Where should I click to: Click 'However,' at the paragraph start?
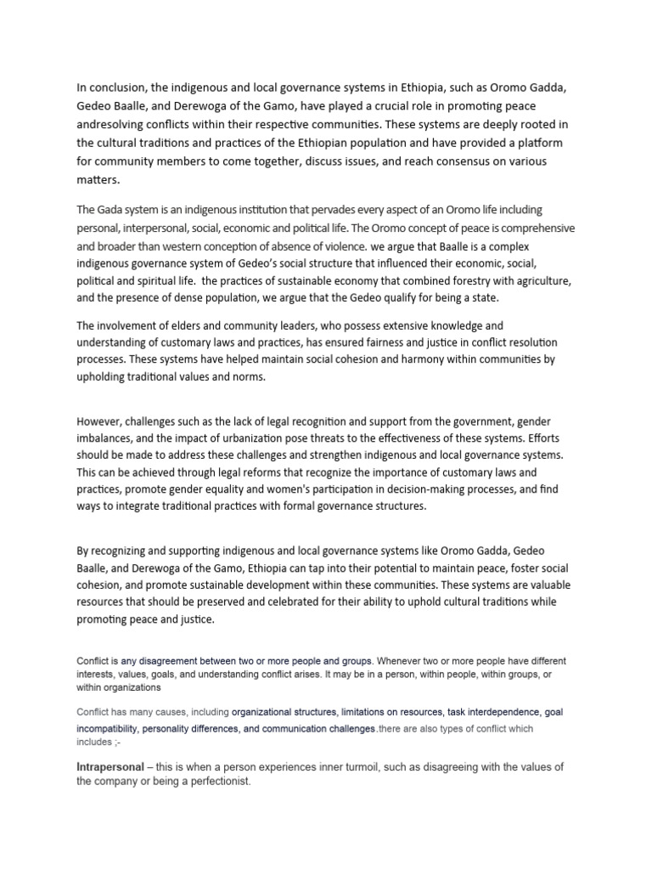(101, 421)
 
